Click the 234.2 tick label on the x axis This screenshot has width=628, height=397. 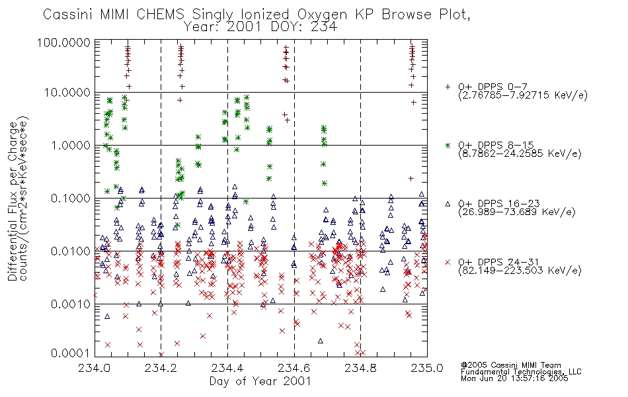pyautogui.click(x=161, y=368)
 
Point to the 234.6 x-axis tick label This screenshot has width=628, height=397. pyautogui.click(x=294, y=368)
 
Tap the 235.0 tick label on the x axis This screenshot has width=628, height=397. pyautogui.click(x=427, y=368)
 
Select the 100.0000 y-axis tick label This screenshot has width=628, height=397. pyautogui.click(x=64, y=42)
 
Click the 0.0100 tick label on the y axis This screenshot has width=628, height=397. pyautogui.click(x=71, y=251)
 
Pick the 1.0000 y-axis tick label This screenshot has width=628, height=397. pyautogui.click(x=71, y=145)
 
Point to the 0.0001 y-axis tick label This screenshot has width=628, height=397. pyautogui.click(x=71, y=353)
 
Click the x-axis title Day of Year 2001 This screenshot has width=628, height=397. pyautogui.click(x=260, y=381)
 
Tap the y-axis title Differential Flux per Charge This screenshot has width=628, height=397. pyautogui.click(x=13, y=201)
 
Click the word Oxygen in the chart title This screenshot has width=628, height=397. pyautogui.click(x=322, y=15)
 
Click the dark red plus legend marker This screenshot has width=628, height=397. pyautogui.click(x=448, y=87)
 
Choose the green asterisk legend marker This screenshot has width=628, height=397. pyautogui.click(x=448, y=145)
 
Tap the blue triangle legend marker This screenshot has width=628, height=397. pyautogui.click(x=448, y=204)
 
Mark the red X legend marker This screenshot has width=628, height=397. pyautogui.click(x=448, y=262)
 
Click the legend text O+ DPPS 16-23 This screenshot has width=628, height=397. pyautogui.click(x=499, y=203)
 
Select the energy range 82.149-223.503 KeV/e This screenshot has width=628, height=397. pyautogui.click(x=520, y=270)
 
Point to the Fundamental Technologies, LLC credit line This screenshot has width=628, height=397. pyautogui.click(x=521, y=372)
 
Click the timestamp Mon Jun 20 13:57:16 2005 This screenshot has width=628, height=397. pyautogui.click(x=514, y=378)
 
